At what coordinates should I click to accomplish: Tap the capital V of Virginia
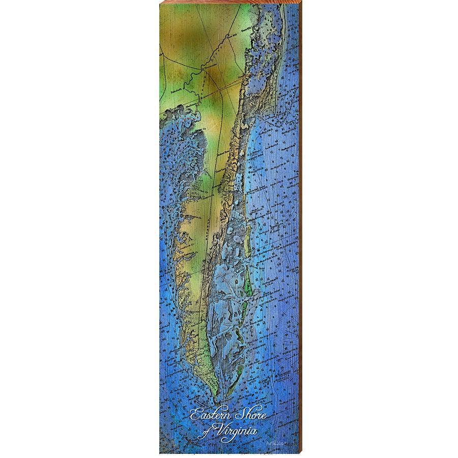click(219, 431)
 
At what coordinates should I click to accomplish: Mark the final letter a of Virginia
click(254, 432)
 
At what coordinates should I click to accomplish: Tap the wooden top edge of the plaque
click(229, 2)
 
